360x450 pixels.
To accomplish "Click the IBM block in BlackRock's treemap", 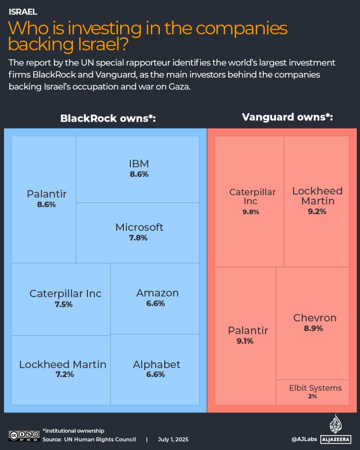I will [138, 169].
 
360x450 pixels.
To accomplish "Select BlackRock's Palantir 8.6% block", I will [44, 199].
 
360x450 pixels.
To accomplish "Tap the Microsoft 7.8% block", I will [138, 232].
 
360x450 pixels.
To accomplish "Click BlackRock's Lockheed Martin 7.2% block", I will [61, 369].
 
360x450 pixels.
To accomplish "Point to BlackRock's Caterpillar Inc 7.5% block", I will [61, 298].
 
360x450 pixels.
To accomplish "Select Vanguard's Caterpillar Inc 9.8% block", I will [249, 201].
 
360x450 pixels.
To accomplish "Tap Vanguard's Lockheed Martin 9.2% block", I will [317, 201].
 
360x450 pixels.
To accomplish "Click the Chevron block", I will [313, 323].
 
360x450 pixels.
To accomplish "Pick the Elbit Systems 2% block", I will [313, 392].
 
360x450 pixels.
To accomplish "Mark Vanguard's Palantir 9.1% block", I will [245, 335].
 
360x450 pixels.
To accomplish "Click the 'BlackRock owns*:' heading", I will [108, 118].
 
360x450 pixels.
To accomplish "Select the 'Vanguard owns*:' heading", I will [287, 117].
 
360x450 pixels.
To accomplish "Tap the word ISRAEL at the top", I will [23, 12].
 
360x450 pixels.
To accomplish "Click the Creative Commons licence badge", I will [24, 435].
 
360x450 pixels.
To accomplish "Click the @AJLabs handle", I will [304, 439].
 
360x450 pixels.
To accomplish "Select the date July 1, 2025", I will [173, 439].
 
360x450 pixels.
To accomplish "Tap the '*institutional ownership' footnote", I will [73, 430].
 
